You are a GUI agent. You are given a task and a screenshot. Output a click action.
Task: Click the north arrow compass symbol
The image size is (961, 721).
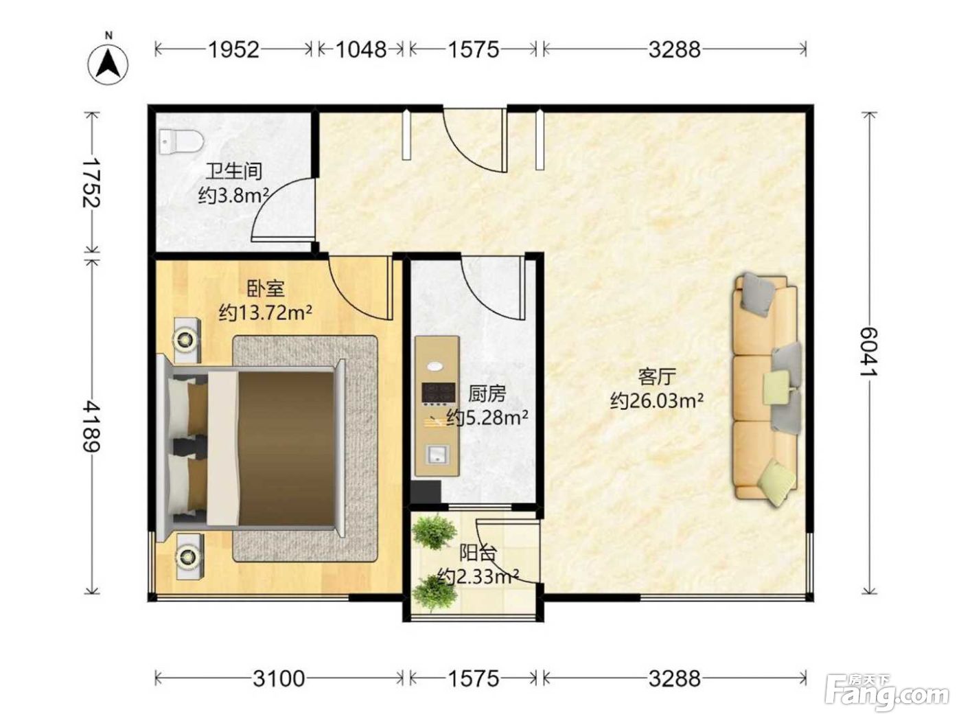coord(108,60)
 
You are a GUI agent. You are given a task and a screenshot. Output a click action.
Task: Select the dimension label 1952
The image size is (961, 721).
coord(233,49)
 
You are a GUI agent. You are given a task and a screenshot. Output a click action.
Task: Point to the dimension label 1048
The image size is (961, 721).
coord(361,49)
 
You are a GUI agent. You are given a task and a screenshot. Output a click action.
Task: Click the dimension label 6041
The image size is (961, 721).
coord(869,352)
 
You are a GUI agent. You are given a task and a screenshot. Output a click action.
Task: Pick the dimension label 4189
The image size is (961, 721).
coord(91,427)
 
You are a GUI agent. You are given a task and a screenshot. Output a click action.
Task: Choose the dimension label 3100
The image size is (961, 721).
coord(279,679)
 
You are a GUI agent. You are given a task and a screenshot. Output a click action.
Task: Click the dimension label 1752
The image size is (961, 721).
coord(91,183)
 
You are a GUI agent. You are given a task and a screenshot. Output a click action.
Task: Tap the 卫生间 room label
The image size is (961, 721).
coord(234,171)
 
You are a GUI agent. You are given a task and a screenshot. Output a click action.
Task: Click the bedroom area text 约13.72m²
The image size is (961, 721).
coord(266,312)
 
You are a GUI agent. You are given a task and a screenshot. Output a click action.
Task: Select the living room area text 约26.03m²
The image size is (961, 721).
coord(657,400)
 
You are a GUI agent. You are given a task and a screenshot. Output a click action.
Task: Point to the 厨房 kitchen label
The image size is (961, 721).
coord(487,394)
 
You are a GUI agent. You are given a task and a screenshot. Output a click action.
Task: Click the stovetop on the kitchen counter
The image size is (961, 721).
coord(438,392)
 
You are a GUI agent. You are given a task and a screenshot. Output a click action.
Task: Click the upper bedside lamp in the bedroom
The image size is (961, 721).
coord(187,340)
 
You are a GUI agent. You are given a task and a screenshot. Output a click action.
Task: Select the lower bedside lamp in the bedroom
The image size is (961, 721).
coord(189,556)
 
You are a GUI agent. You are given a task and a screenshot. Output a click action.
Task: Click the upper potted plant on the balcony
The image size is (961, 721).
coord(434,531)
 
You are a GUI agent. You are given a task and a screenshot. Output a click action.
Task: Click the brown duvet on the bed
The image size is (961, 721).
coord(285,448)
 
